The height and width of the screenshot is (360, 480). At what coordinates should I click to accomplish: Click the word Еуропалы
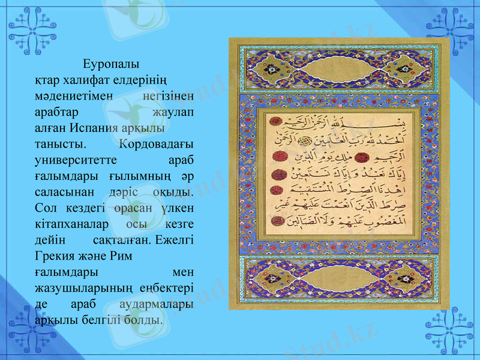(111, 63)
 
